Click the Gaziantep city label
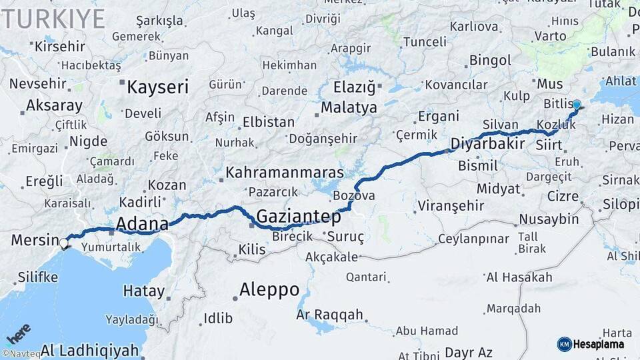(x=298, y=216)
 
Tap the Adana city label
(x=142, y=223)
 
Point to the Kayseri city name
(x=158, y=87)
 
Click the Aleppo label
(x=269, y=289)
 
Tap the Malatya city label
(x=349, y=107)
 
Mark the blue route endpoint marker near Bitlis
(x=577, y=105)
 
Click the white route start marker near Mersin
(x=65, y=243)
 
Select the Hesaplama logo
(x=593, y=344)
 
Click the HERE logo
(x=19, y=333)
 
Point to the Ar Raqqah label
(x=330, y=315)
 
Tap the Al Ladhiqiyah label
(x=90, y=349)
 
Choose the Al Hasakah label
(x=519, y=277)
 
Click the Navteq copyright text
(x=21, y=354)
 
